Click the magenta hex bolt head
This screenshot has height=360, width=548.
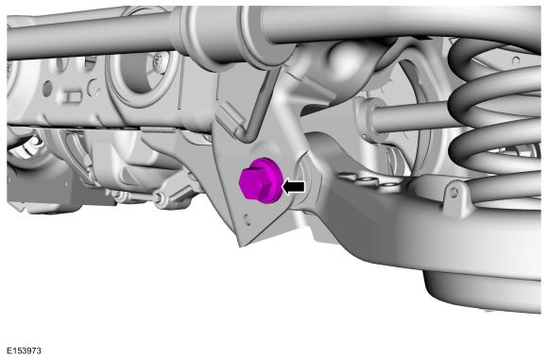pyautogui.click(x=256, y=182)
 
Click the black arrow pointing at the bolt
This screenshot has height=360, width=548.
pyautogui.click(x=293, y=187)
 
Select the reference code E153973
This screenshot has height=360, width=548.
pyautogui.click(x=24, y=351)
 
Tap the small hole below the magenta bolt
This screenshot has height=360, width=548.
pyautogui.click(x=248, y=219)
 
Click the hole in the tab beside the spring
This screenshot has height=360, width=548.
pyautogui.click(x=454, y=192)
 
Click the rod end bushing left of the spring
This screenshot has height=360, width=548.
pyautogui.click(x=368, y=115)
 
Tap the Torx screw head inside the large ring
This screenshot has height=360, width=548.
pyautogui.click(x=160, y=63)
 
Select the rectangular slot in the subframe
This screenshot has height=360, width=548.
pyautogui.click(x=73, y=96)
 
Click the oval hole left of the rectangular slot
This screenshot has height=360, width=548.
pyautogui.click(x=47, y=87)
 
